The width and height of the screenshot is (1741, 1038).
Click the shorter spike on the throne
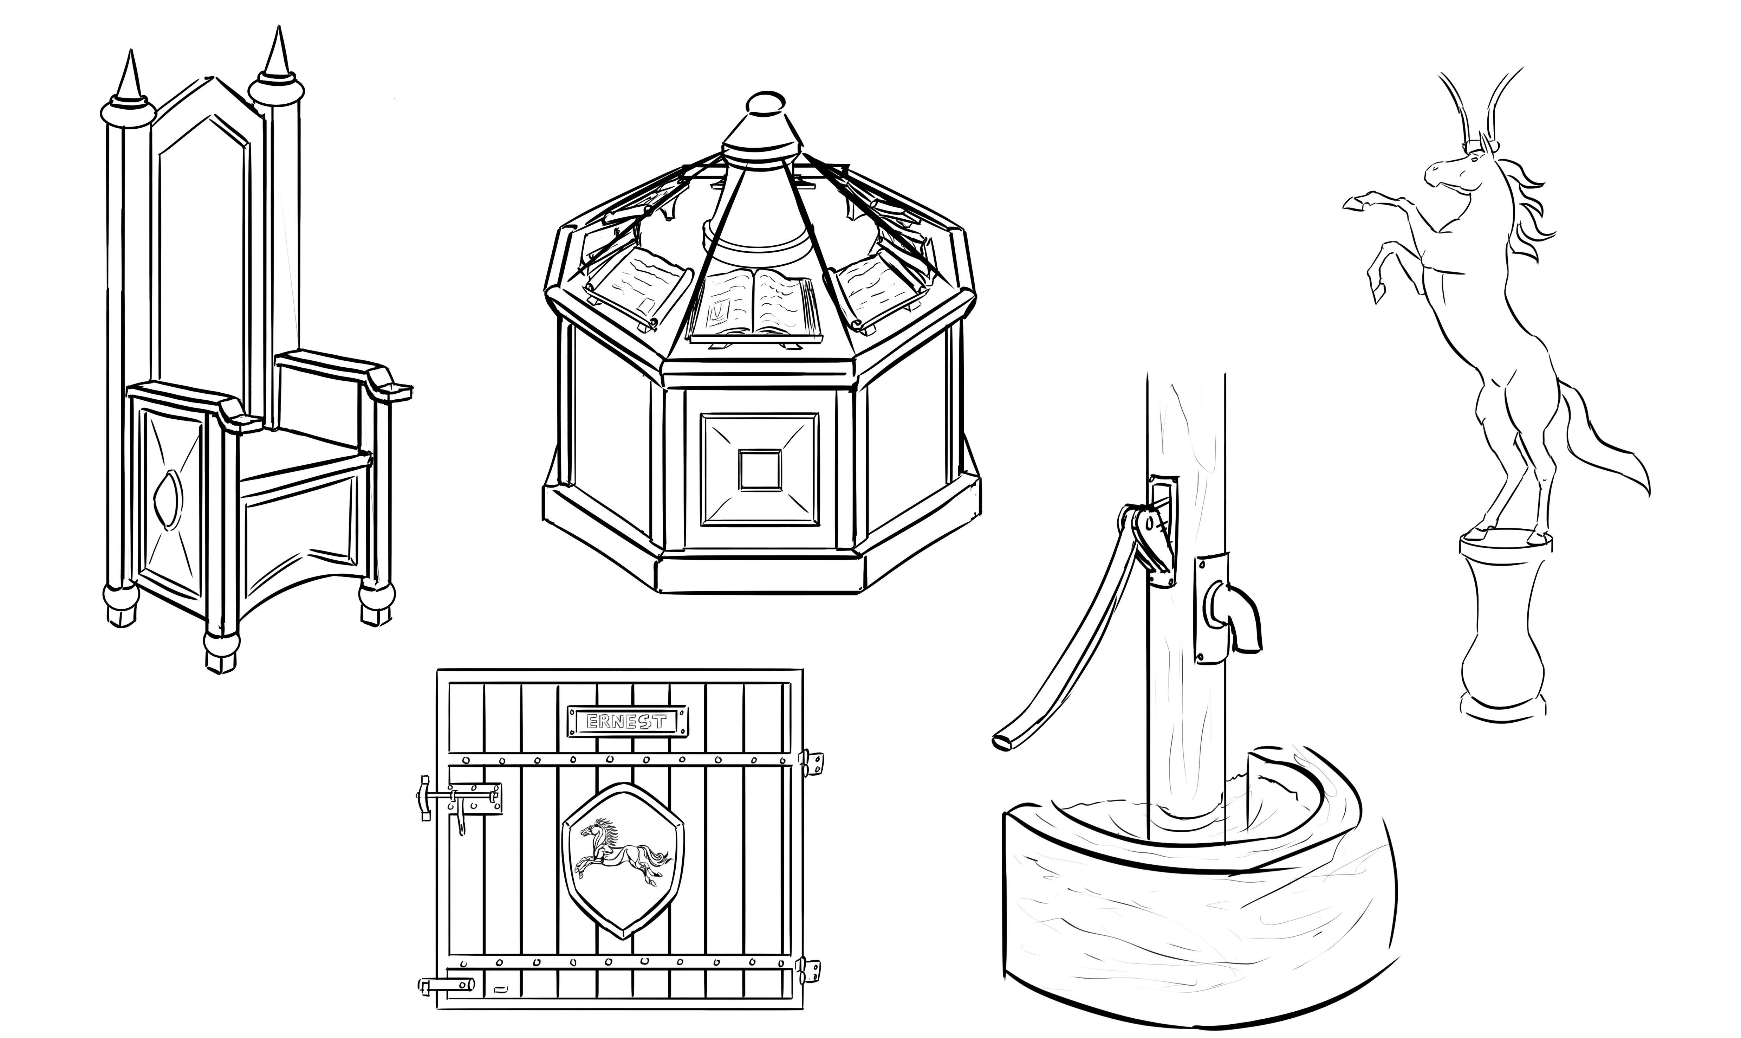coord(129,77)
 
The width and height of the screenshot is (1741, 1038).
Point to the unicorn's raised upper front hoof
coord(1353,203)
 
